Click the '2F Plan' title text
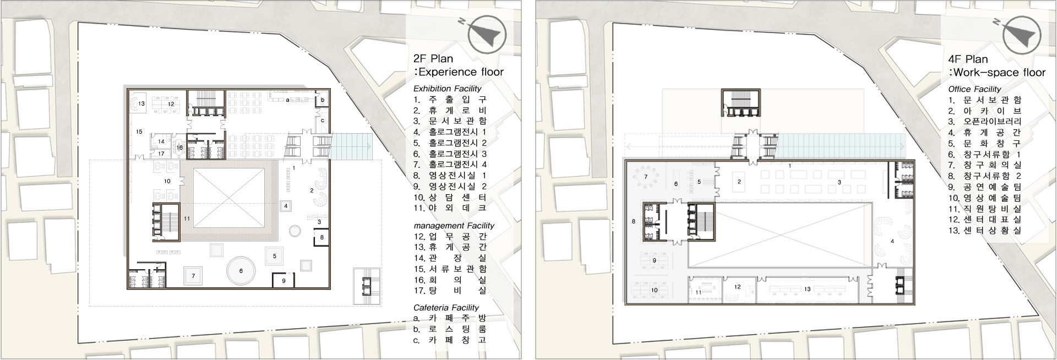pyautogui.click(x=433, y=59)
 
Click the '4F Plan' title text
pyautogui.click(x=968, y=59)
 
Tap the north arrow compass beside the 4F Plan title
pyautogui.click(x=1022, y=35)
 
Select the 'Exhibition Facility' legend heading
pyautogui.click(x=447, y=89)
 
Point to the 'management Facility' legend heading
pyautogui.click(x=454, y=226)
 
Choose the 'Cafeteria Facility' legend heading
pyautogui.click(x=446, y=308)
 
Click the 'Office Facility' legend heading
pyautogui.click(x=974, y=89)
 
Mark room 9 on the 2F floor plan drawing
pyautogui.click(x=284, y=280)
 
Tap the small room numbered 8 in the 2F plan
pyautogui.click(x=322, y=238)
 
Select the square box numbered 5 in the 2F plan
pyautogui.click(x=274, y=256)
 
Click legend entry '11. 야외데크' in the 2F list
pyautogui.click(x=450, y=208)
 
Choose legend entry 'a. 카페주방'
pyautogui.click(x=450, y=318)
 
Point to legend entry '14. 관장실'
pyautogui.click(x=450, y=258)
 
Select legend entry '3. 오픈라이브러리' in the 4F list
pyautogui.click(x=985, y=121)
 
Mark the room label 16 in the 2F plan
pyautogui.click(x=179, y=148)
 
